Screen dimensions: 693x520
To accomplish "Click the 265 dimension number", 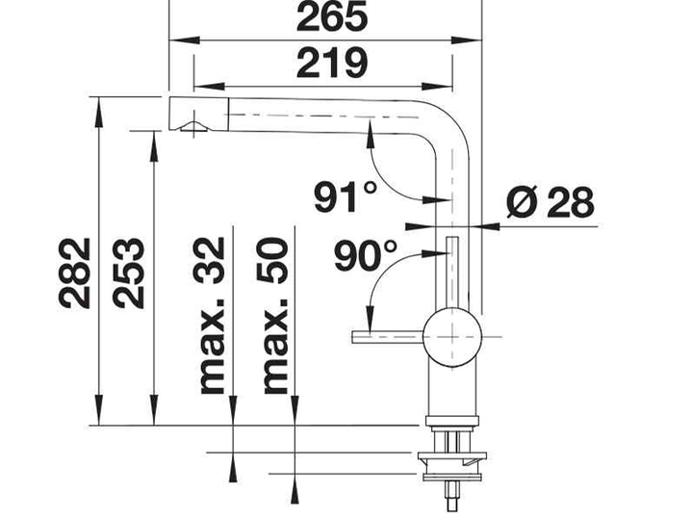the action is [332, 16].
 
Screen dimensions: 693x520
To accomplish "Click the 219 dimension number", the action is [332, 63].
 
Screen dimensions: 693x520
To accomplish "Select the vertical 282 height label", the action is [75, 273].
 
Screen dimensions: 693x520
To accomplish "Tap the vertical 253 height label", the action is [128, 273].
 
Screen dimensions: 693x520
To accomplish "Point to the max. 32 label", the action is [210, 315].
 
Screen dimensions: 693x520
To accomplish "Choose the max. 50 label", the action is [273, 315].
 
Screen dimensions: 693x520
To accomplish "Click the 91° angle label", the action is [346, 196].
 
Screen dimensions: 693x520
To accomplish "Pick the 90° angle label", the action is [366, 255].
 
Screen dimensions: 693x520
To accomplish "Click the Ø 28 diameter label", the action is [550, 202].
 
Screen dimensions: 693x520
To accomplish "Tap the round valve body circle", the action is [451, 337].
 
